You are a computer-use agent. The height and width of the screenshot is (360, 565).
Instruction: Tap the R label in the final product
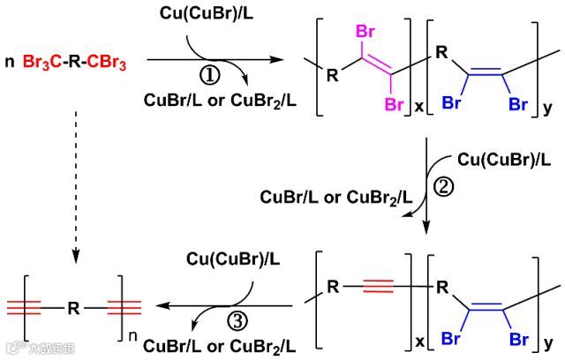74,309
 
